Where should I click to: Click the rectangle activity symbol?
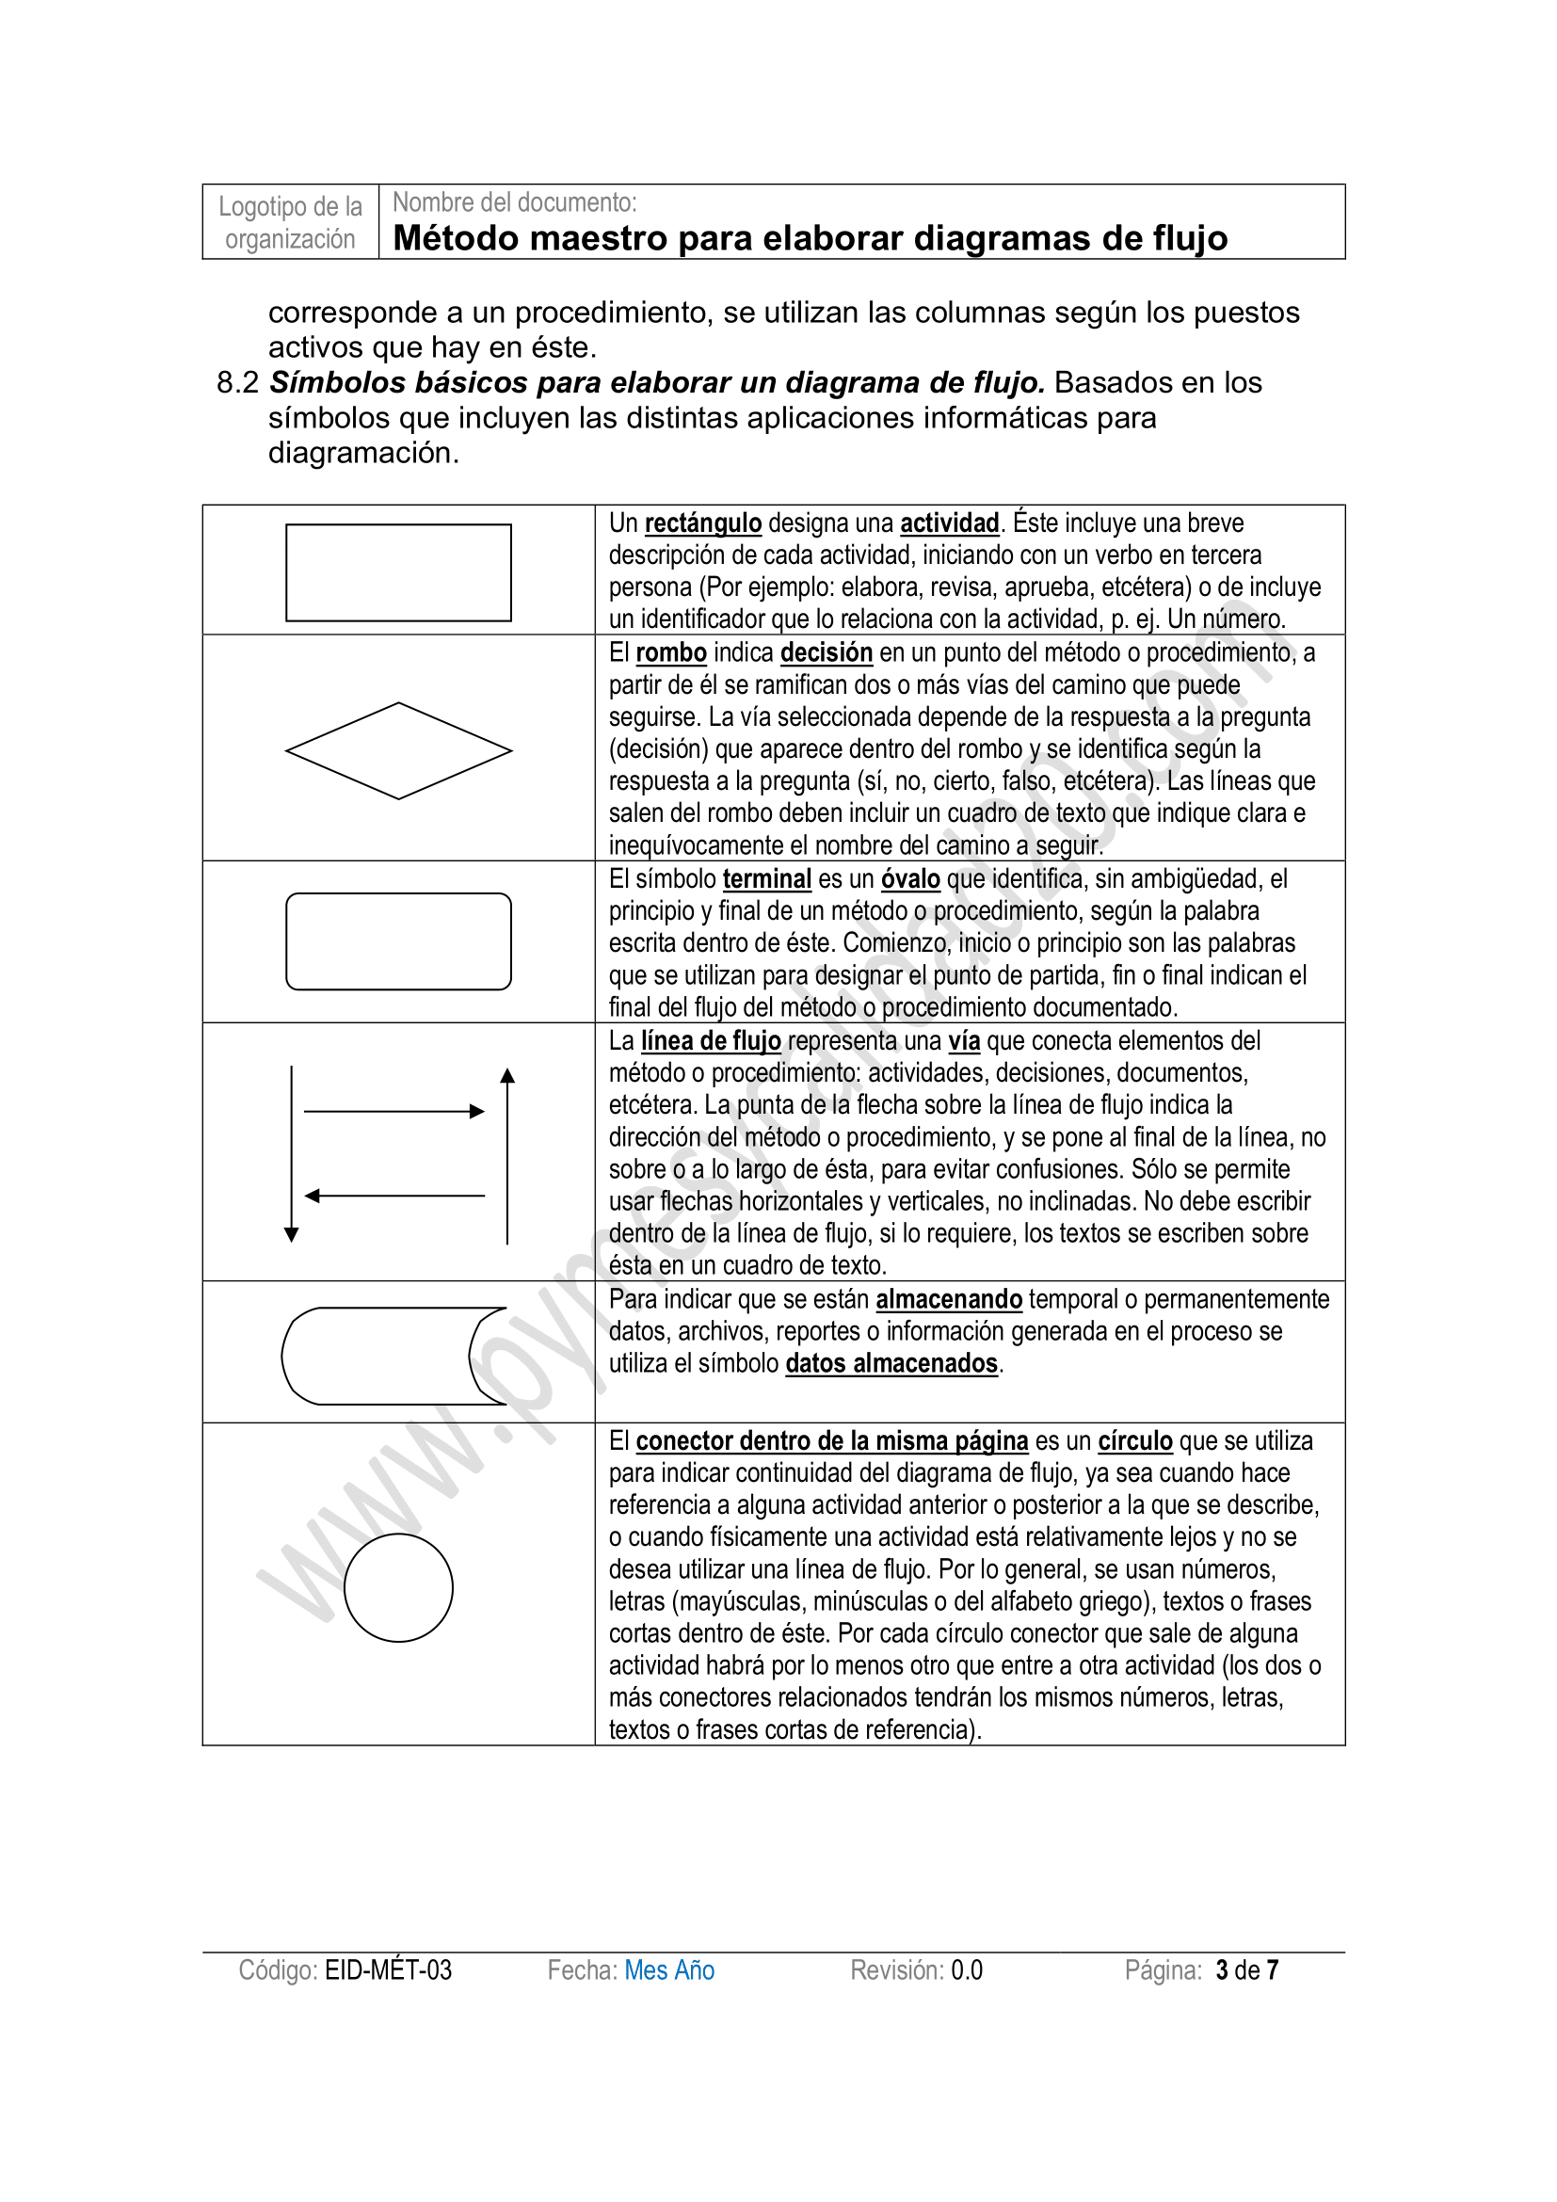pyautogui.click(x=398, y=572)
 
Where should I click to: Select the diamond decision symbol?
pyautogui.click(x=398, y=750)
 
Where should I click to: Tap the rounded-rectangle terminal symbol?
pyautogui.click(x=398, y=940)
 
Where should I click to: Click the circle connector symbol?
pyautogui.click(x=398, y=1587)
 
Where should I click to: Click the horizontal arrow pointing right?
pyautogui.click(x=394, y=1112)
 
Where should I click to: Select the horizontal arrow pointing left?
pyautogui.click(x=394, y=1196)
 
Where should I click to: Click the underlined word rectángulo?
pyautogui.click(x=703, y=523)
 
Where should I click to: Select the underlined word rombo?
pyautogui.click(x=671, y=653)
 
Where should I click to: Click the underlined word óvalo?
pyautogui.click(x=910, y=879)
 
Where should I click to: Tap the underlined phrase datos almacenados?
pyautogui.click(x=891, y=1364)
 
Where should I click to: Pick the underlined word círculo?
pyautogui.click(x=1135, y=1441)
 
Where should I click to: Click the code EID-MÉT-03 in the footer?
pyautogui.click(x=388, y=1969)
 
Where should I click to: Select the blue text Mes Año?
pyautogui.click(x=669, y=1969)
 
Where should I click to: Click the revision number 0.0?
pyautogui.click(x=967, y=1969)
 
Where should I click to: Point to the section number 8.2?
pyautogui.click(x=238, y=382)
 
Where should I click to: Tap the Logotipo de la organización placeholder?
pyautogui.click(x=291, y=222)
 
